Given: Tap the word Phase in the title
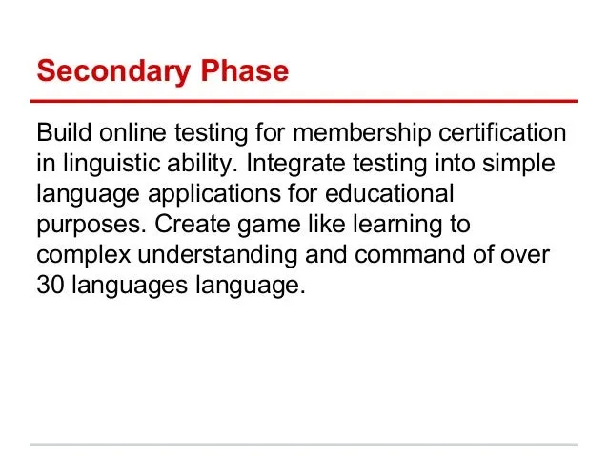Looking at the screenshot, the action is (245, 70).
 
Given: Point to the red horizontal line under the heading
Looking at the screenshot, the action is (304, 101).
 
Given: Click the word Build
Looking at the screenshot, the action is (64, 132).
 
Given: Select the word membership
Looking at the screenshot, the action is (361, 134).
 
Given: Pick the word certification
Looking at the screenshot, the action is (502, 132).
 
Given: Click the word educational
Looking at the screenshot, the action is (390, 193).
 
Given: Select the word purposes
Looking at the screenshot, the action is (91, 226).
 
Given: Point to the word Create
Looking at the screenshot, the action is (192, 224).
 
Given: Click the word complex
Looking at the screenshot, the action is (83, 256).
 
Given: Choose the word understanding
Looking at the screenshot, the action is (217, 256).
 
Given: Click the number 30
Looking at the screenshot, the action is (51, 286).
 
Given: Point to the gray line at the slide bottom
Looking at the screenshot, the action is (304, 445).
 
